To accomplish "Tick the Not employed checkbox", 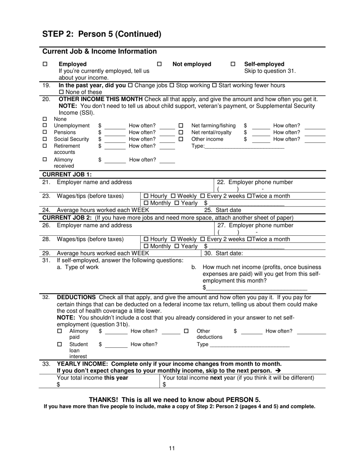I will pyautogui.click(x=159, y=64).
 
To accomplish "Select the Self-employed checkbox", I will pyautogui.click(x=233, y=64).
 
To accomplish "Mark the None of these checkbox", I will pyautogui.click(x=61, y=92).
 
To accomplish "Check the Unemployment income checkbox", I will pyautogui.click(x=45, y=126).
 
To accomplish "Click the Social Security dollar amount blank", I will pyautogui.click(x=114, y=139).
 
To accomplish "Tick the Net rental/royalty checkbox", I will pyautogui.click(x=181, y=133).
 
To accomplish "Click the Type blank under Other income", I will pyautogui.click(x=244, y=146).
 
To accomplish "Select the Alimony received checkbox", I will pyautogui.click(x=45, y=160).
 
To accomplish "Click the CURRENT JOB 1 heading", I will pyautogui.click(x=67, y=175).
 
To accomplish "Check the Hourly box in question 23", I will pyautogui.click(x=147, y=196).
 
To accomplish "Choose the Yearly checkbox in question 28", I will pyautogui.click(x=177, y=246).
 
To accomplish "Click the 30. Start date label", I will pyautogui.click(x=224, y=253).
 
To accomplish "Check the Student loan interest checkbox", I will pyautogui.click(x=59, y=344).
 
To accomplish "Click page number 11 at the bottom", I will pyautogui.click(x=172, y=449).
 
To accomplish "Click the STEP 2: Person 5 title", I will pyautogui.click(x=102, y=34).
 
